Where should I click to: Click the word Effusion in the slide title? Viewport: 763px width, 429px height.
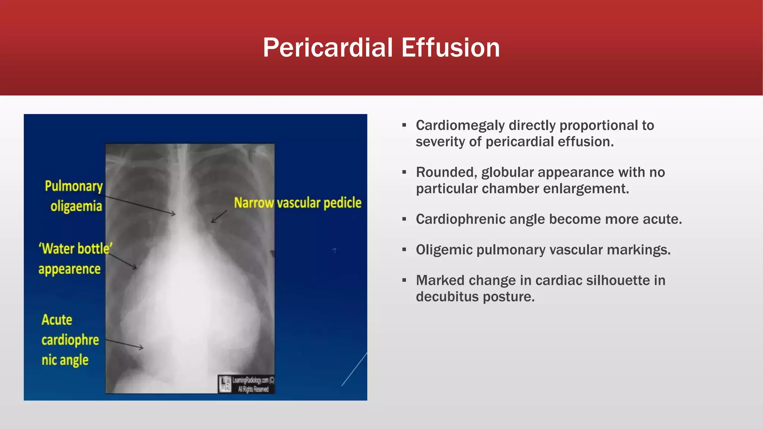coord(450,48)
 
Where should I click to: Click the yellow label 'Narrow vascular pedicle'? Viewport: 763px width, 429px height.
coord(298,203)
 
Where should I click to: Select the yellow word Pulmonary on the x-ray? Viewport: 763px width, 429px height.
coord(74,186)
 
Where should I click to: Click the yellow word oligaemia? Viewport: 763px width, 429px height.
coord(76,206)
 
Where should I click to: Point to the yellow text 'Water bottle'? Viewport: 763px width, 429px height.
coord(76,248)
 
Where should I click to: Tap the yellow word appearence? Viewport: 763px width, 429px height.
coord(69,269)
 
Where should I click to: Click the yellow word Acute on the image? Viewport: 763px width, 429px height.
coord(57,320)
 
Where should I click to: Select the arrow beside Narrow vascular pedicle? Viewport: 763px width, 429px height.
coord(219,216)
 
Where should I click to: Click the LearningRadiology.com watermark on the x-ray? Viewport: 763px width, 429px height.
coord(247,384)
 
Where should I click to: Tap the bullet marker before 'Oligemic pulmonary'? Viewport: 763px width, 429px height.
coord(404,250)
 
